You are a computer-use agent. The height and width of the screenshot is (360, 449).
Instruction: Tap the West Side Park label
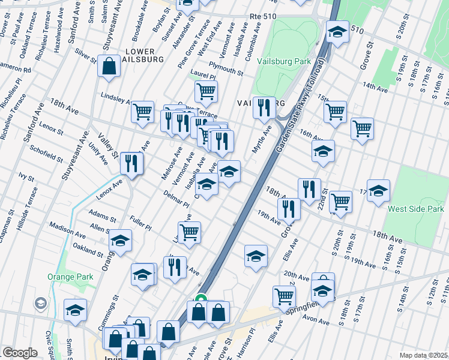[416, 209]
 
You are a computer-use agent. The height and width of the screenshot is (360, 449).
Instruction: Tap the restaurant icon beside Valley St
[131, 163]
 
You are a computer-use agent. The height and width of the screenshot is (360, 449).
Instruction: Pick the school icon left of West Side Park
[378, 191]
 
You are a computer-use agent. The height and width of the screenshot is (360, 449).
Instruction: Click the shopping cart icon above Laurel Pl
[206, 92]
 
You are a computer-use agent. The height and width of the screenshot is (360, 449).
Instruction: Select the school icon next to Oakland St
[120, 241]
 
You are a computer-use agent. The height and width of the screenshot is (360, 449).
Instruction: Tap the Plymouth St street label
[226, 69]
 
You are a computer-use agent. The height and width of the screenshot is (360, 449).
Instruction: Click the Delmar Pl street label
[176, 199]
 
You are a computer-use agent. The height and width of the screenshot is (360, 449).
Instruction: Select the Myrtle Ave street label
[262, 139]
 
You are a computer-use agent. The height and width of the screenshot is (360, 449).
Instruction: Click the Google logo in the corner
[19, 353]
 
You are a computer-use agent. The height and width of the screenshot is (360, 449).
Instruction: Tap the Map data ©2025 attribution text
[423, 355]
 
